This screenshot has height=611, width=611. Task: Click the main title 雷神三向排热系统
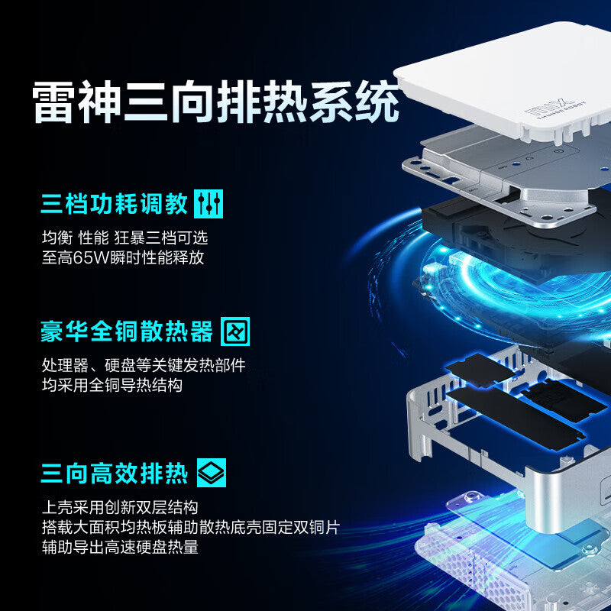(215, 102)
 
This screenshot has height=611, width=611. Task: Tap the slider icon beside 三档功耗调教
(209, 204)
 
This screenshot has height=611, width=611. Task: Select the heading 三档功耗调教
(114, 203)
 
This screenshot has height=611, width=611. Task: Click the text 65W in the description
(91, 257)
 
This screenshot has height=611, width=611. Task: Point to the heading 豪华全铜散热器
(127, 331)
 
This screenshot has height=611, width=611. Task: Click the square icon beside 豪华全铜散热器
(235, 331)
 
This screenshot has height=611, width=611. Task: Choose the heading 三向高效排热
(114, 473)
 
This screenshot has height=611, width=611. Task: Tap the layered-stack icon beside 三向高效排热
(212, 473)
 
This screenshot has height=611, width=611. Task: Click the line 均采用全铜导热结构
(112, 385)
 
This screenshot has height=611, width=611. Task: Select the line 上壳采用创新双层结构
(120, 507)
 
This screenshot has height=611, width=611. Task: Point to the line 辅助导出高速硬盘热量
(120, 547)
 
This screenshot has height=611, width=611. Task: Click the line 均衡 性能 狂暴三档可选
(124, 238)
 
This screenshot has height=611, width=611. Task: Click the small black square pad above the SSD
(480, 370)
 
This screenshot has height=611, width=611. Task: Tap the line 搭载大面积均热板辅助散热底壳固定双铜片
(191, 527)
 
